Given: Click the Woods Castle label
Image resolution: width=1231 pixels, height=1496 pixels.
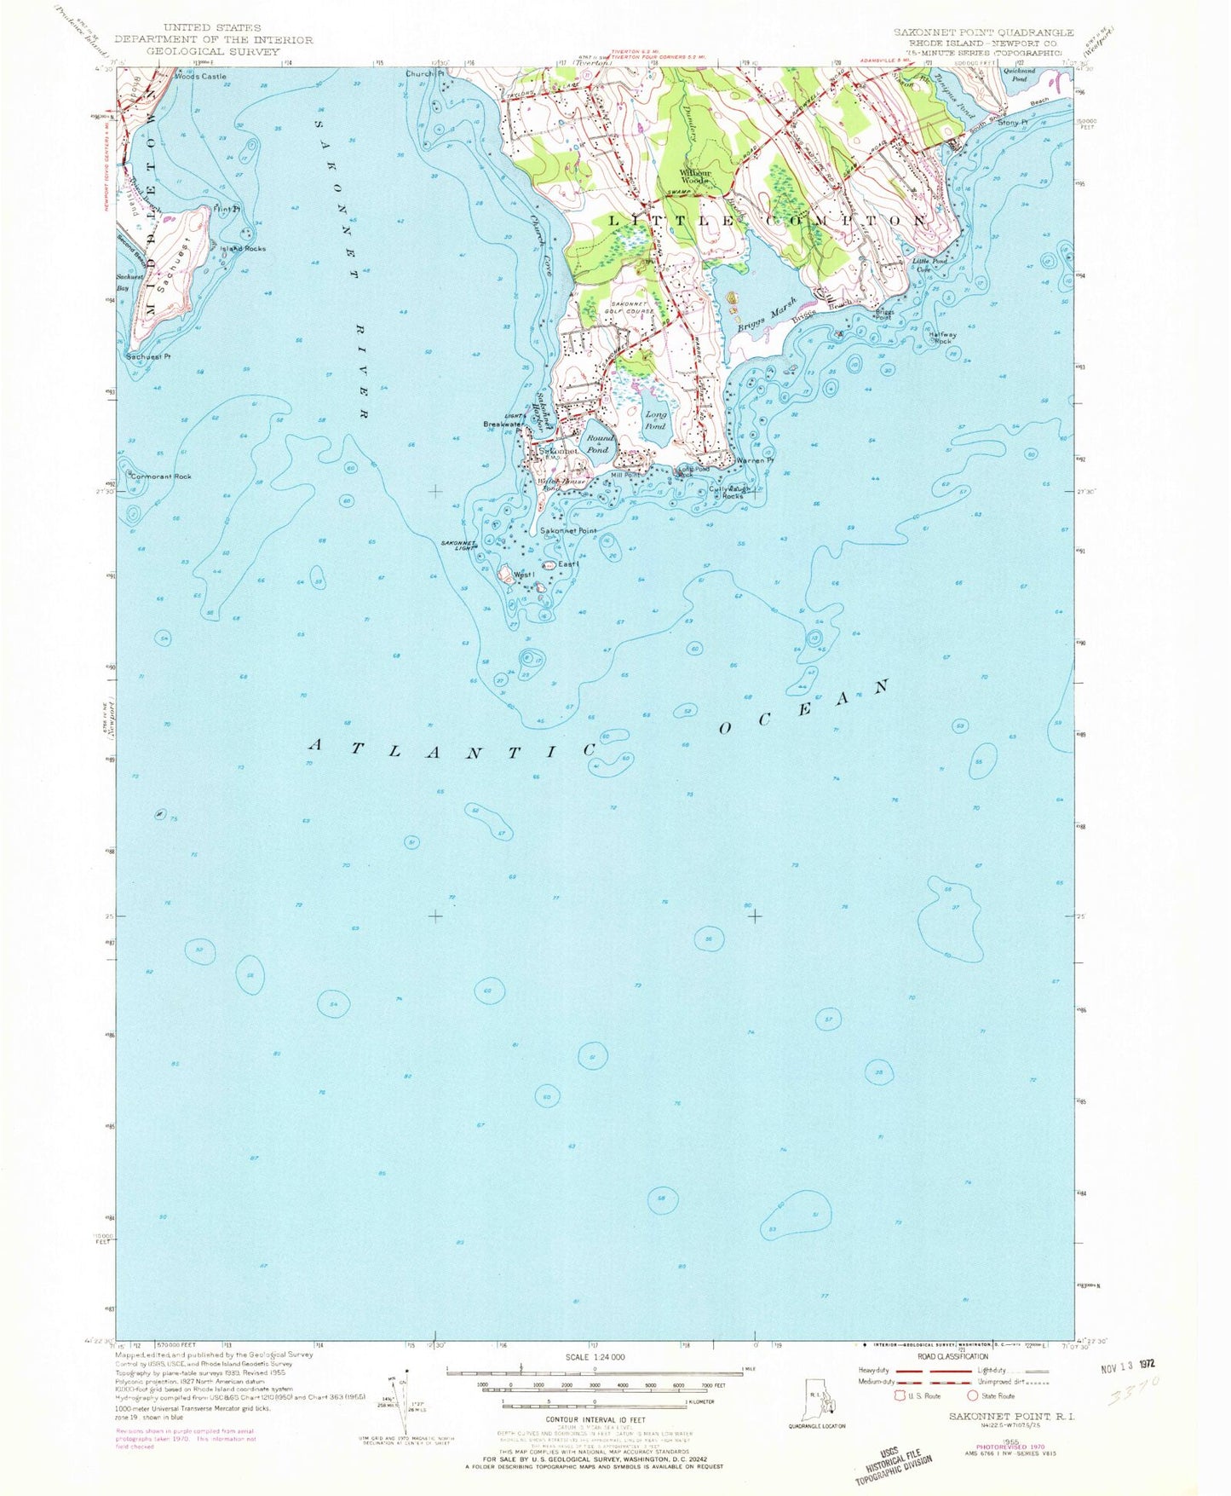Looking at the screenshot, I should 200,77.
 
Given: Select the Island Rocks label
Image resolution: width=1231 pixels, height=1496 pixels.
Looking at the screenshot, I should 243,249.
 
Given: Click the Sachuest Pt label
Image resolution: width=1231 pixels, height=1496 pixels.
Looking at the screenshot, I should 149,355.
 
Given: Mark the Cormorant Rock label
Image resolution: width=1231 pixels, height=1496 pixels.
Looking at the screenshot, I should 160,477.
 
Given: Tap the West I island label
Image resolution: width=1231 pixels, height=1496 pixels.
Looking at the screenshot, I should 523,575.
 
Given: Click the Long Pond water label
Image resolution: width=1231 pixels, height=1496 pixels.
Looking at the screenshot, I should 655,419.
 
